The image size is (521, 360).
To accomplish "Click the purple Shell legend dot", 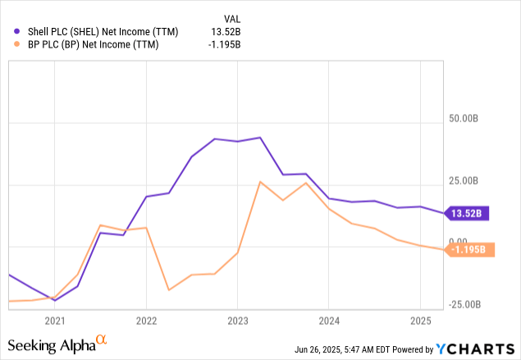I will coord(17,32).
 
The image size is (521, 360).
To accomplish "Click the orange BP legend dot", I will coord(17,44).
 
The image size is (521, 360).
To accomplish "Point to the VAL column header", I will coord(233,18).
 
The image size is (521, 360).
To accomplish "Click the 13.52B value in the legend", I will coord(227,32).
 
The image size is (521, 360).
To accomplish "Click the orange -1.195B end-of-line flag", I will coord(470,249).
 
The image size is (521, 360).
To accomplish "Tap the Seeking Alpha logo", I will coord(57,344).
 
